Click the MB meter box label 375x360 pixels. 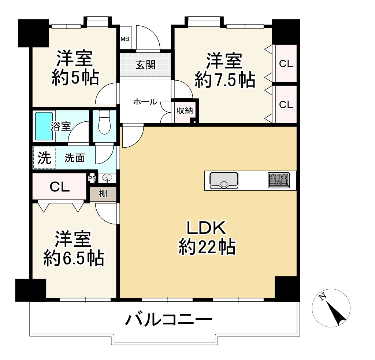[x=125, y=38]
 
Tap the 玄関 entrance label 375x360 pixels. [x=145, y=65]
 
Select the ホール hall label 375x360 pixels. [x=145, y=102]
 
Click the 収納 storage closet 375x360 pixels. [x=184, y=111]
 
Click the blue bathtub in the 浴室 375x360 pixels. [x=44, y=126]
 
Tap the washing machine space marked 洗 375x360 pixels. [x=44, y=158]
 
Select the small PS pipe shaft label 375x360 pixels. [x=92, y=179]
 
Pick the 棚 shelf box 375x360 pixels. [x=103, y=194]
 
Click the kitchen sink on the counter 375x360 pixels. [x=224, y=180]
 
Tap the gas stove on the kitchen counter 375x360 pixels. [x=279, y=180]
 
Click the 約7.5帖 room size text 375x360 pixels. [x=224, y=80]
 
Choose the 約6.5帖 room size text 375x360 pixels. [x=74, y=258]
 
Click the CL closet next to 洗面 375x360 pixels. [x=60, y=187]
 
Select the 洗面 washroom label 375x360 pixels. [x=75, y=158]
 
